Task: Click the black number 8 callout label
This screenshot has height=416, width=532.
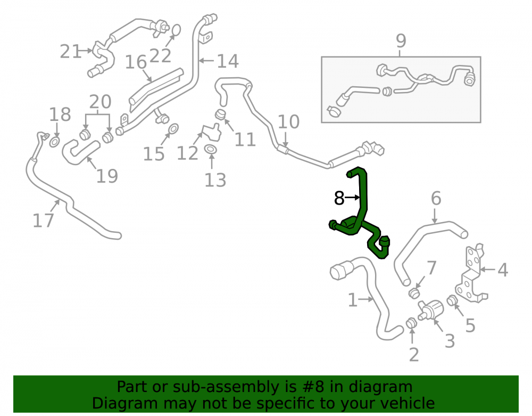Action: pyautogui.click(x=339, y=198)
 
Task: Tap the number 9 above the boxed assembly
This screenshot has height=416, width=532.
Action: pyautogui.click(x=401, y=41)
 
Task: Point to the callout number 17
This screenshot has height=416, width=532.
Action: pyautogui.click(x=43, y=221)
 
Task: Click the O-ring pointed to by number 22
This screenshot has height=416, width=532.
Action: pyautogui.click(x=176, y=30)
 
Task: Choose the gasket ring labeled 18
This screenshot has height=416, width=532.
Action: pyautogui.click(x=54, y=142)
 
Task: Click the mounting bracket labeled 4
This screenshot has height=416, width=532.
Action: pyautogui.click(x=471, y=274)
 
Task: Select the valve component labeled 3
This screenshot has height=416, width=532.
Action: pyautogui.click(x=431, y=309)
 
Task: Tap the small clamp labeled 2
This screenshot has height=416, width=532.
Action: pyautogui.click(x=412, y=323)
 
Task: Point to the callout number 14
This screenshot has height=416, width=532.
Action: pyautogui.click(x=228, y=61)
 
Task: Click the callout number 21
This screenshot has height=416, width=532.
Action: pyautogui.click(x=71, y=52)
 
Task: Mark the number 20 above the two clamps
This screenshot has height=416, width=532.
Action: pyautogui.click(x=100, y=102)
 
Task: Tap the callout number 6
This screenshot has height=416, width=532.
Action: pyautogui.click(x=436, y=198)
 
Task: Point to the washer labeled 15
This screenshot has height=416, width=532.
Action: pyautogui.click(x=173, y=129)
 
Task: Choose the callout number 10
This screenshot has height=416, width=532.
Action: pyautogui.click(x=288, y=121)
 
